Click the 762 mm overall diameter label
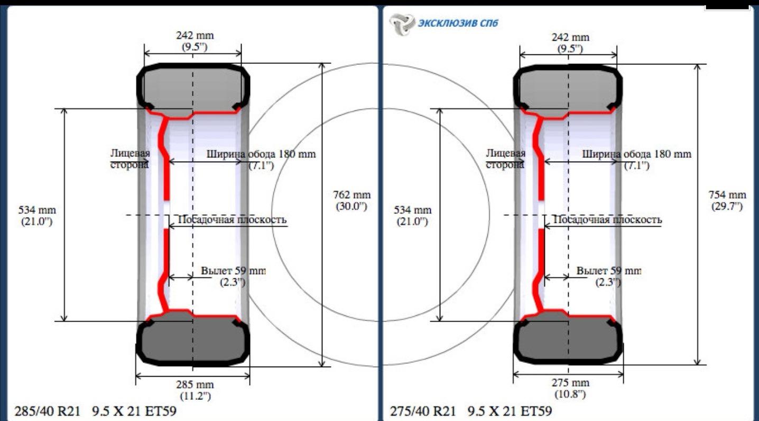coord(351,195)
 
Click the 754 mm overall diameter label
coord(727,195)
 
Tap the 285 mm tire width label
coord(195,385)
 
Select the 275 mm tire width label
coord(571,383)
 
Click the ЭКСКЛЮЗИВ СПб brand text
coord(458,23)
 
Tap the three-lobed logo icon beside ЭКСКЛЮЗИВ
coord(402,24)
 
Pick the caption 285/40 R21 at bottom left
coord(48,411)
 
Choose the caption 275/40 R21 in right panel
coord(423,411)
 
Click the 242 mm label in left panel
coord(195,35)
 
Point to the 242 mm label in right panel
coord(571,37)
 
